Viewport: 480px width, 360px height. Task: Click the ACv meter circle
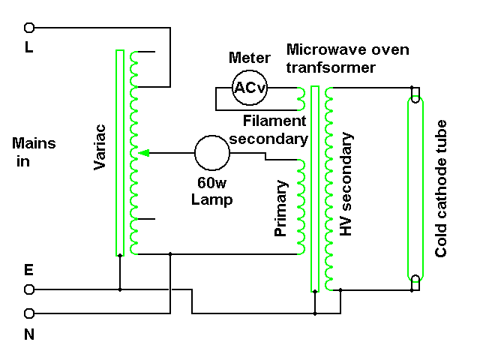[247, 88]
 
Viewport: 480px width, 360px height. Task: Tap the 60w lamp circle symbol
[212, 153]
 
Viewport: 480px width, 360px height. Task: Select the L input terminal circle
[30, 28]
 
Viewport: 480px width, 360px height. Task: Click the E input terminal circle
[30, 289]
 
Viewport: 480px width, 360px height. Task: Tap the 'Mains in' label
[34, 151]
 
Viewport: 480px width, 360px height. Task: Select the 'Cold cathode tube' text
[441, 187]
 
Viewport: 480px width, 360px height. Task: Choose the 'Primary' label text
[281, 208]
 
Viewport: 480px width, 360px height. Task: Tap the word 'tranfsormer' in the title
[331, 67]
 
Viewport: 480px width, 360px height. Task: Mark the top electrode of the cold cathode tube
[415, 95]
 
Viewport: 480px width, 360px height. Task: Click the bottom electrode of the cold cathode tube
[415, 283]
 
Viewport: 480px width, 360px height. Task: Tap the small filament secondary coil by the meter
[301, 98]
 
